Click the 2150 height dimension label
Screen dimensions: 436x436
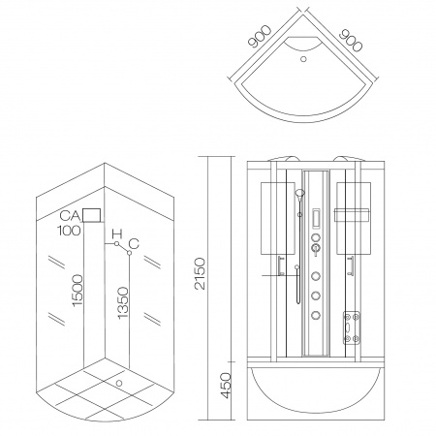[x=201, y=273]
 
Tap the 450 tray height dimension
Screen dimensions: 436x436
[x=226, y=386]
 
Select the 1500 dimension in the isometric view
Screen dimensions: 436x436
[x=78, y=291]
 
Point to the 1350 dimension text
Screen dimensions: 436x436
[x=123, y=303]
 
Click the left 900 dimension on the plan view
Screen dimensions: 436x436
[x=260, y=36]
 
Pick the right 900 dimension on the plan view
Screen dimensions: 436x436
[x=351, y=41]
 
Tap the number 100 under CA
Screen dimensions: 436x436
[x=69, y=231]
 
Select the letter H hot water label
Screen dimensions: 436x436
[x=117, y=234]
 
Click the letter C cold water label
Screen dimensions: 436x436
[x=134, y=243]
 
